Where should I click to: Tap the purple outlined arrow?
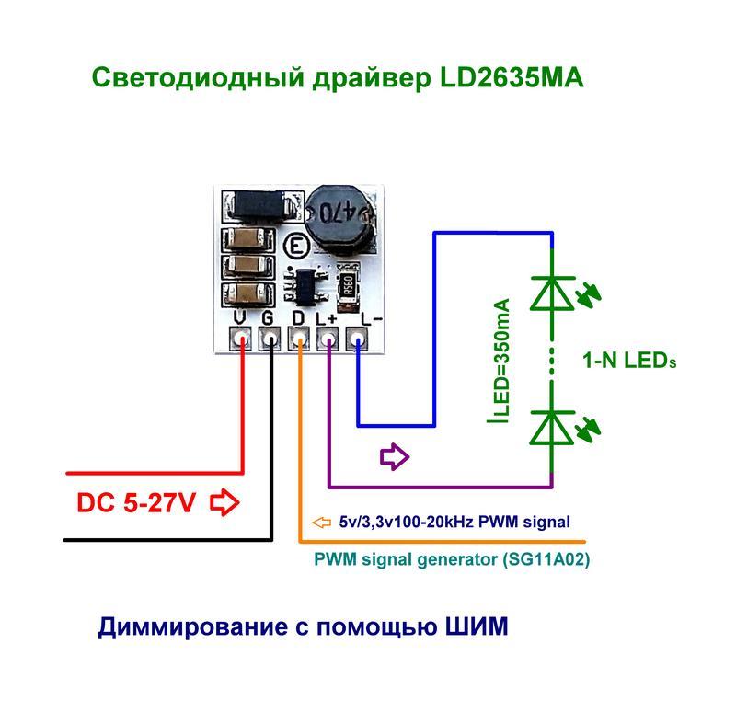pyautogui.click(x=396, y=455)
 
